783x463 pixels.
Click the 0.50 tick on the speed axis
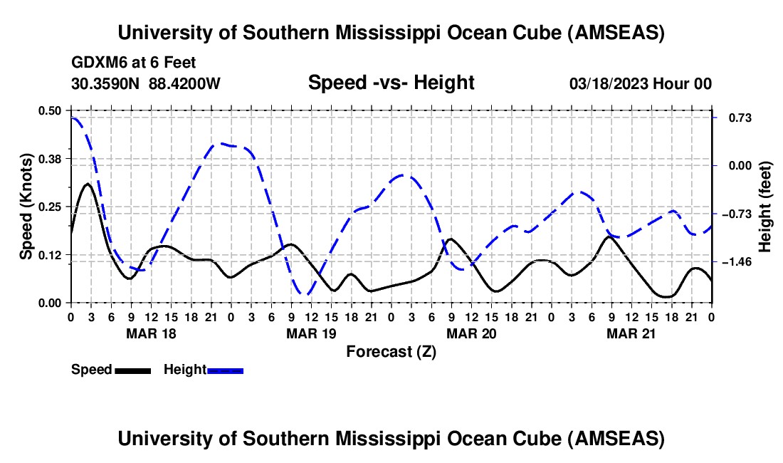[x=51, y=110]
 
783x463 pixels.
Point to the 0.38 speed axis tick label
[x=51, y=158]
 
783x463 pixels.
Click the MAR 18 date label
[x=150, y=333]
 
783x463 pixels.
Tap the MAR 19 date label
[x=310, y=333]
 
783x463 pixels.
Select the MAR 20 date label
[x=471, y=333]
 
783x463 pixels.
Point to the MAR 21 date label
[x=631, y=333]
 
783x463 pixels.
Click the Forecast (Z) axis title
[x=391, y=351]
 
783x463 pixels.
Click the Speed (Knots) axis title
[x=26, y=206]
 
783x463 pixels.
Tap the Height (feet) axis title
[x=765, y=206]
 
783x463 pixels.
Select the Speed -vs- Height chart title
[x=391, y=83]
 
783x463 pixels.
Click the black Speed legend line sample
[x=132, y=370]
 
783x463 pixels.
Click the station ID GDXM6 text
[x=94, y=63]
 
